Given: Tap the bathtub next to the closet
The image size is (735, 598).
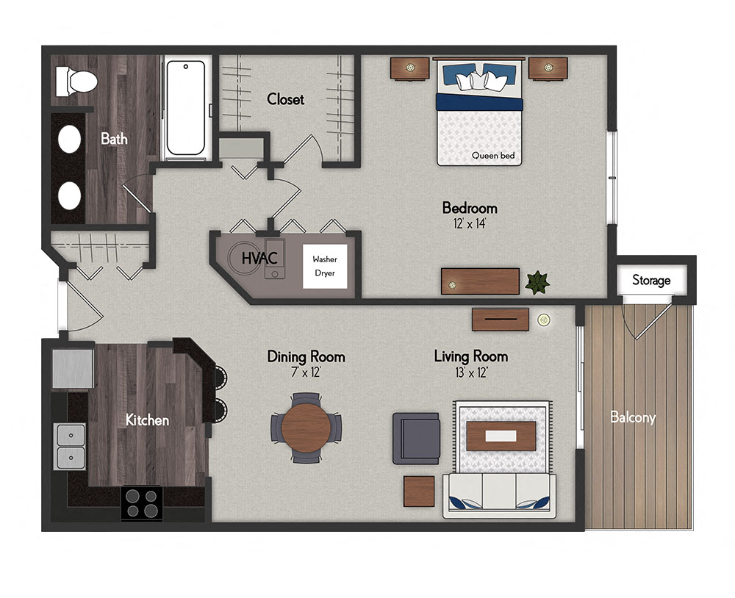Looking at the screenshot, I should [185, 108].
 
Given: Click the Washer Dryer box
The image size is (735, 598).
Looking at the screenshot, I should [324, 266].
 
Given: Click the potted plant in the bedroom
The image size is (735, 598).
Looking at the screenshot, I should [538, 281].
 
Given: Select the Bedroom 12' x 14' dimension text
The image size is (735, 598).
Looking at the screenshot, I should [469, 224].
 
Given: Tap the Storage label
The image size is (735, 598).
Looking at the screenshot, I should [651, 280].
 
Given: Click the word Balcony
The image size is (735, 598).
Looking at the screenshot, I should [633, 417].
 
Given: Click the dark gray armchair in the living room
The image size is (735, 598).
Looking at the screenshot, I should [415, 438].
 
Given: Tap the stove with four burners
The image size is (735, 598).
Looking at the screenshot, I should [141, 502].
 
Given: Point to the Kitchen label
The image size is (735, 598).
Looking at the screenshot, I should [147, 420].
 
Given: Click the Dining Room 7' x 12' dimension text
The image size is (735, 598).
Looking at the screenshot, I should [306, 372].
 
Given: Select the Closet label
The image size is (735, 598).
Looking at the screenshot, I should [285, 98].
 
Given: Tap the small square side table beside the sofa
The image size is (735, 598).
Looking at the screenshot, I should [420, 491].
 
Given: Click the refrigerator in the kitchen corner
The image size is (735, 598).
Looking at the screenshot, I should [72, 369].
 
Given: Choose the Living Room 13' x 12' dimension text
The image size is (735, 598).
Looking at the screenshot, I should [470, 372].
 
